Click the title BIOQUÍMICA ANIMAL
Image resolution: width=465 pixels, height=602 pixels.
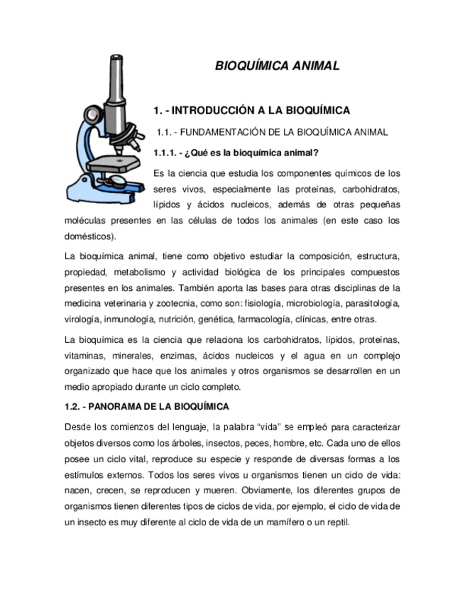[277, 66]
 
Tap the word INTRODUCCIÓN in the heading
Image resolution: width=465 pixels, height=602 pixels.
[217, 111]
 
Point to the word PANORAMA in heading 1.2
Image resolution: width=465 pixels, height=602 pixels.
[121, 406]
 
